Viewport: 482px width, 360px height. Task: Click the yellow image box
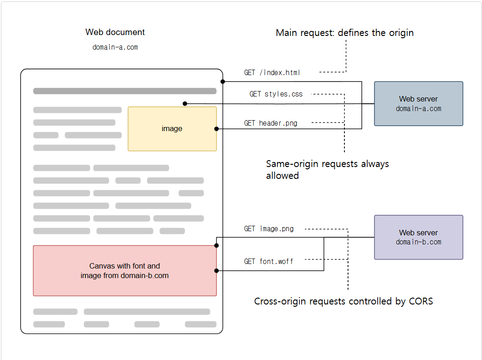click(x=172, y=129)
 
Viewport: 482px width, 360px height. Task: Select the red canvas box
click(x=124, y=271)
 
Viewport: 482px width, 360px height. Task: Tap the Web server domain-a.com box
click(x=418, y=104)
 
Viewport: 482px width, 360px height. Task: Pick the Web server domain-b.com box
click(x=418, y=237)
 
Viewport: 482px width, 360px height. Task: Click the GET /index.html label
click(x=272, y=73)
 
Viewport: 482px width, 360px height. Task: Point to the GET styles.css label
click(x=276, y=94)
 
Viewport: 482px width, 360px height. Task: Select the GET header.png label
click(x=271, y=123)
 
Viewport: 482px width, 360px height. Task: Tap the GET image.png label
click(x=269, y=229)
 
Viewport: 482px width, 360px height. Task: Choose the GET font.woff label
click(x=268, y=262)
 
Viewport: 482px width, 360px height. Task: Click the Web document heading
click(x=115, y=32)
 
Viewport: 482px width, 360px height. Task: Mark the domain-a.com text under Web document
click(x=115, y=47)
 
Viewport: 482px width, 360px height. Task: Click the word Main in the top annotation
click(x=287, y=33)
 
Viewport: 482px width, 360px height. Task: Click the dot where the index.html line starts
click(x=223, y=81)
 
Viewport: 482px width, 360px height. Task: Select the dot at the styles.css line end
click(x=185, y=104)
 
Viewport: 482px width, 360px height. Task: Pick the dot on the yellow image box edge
click(x=216, y=129)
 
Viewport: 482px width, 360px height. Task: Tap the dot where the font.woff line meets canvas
click(x=216, y=271)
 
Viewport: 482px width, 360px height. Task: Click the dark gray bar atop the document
click(x=124, y=91)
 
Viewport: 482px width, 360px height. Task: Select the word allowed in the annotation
click(x=282, y=176)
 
